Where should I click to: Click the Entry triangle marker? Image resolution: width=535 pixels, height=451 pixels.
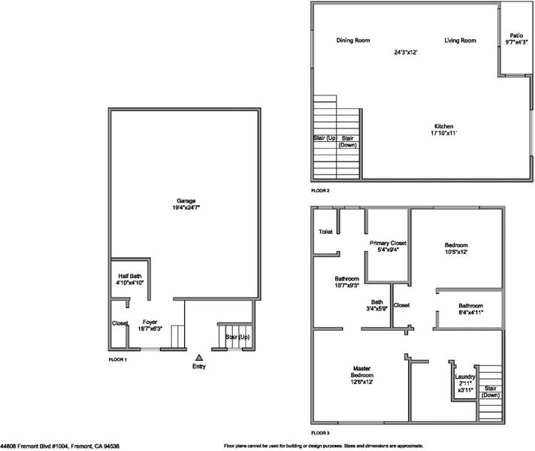click(199, 358)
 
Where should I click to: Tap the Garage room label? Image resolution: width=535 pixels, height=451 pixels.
click(186, 201)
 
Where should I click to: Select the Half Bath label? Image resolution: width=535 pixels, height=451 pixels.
click(130, 276)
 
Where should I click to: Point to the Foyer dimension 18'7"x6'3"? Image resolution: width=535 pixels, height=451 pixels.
click(150, 328)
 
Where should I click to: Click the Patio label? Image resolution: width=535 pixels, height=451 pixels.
click(516, 35)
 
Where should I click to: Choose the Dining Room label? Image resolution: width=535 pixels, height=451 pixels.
click(353, 41)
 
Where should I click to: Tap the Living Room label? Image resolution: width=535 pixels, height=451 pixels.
click(460, 41)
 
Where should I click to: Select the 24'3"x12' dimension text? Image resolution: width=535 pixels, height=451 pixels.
click(406, 52)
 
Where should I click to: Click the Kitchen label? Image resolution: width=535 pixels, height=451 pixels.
click(443, 126)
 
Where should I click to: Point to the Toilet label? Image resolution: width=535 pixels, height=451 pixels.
click(325, 232)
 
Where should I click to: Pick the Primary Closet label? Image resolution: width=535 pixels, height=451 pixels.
click(388, 243)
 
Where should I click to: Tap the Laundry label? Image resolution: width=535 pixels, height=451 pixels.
click(464, 377)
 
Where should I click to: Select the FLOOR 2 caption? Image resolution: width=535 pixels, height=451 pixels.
click(320, 191)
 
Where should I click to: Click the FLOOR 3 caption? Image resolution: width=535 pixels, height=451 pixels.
click(320, 433)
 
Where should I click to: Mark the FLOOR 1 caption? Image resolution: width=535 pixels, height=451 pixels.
click(118, 359)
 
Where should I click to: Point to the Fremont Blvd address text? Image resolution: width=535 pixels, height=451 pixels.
click(59, 446)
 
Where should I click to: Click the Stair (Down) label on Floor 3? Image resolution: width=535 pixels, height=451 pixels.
click(491, 392)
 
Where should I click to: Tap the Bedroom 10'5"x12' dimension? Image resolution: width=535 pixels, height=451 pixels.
click(456, 252)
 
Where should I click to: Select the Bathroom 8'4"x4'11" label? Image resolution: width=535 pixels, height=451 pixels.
click(470, 309)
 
